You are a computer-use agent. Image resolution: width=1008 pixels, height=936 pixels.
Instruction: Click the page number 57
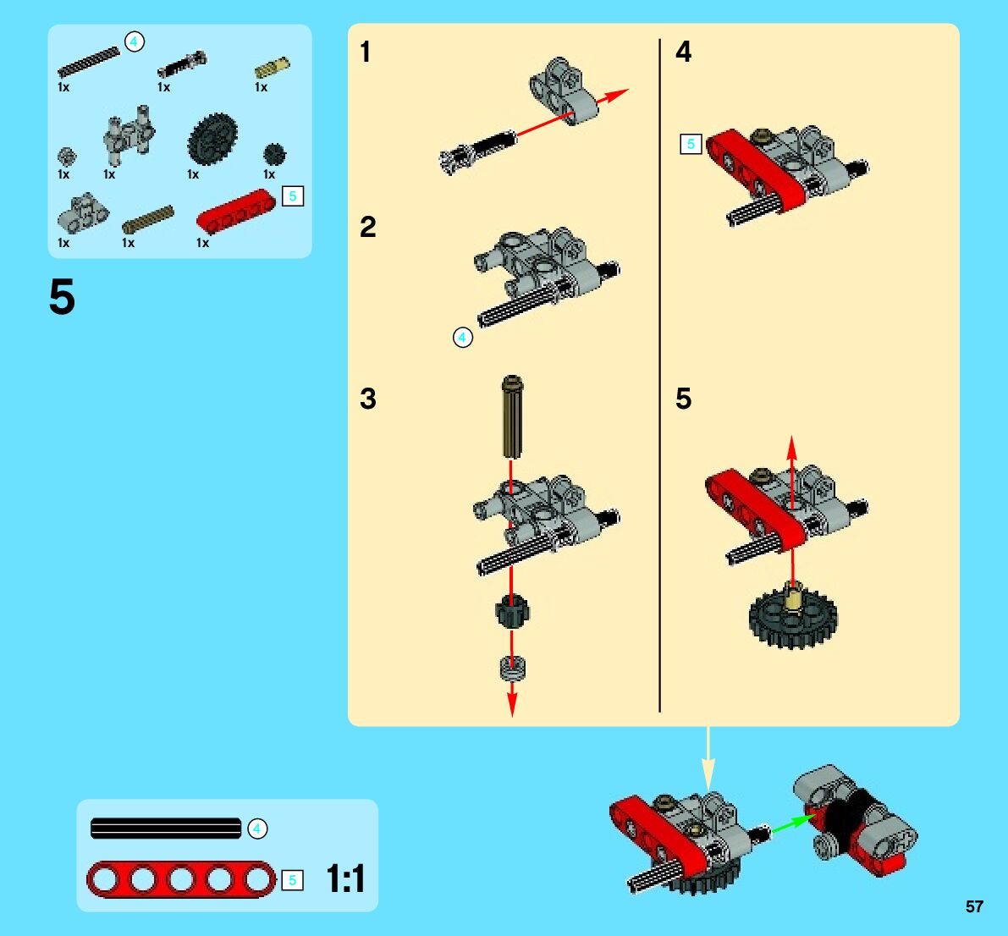click(974, 906)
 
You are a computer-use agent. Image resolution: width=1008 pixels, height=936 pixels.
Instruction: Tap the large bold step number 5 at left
click(62, 297)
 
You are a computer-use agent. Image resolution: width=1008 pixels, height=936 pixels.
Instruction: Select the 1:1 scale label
click(346, 878)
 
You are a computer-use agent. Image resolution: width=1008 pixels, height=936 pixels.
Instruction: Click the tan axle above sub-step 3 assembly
click(512, 416)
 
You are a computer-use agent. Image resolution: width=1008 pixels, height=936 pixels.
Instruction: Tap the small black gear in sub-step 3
click(512, 611)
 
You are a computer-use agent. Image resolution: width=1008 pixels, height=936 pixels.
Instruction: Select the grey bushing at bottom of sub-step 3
click(512, 668)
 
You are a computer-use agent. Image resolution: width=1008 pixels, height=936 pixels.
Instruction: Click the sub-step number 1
click(365, 52)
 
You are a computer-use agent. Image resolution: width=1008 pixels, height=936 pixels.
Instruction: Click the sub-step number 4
click(683, 52)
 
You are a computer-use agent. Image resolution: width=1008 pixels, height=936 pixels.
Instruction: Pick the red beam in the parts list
click(236, 210)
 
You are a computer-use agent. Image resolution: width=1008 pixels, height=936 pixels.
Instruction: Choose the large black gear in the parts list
click(212, 139)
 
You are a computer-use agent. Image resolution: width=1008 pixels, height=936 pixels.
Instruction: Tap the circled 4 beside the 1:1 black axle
click(257, 829)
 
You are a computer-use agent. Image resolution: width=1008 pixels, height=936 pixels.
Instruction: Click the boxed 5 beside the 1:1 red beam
click(293, 880)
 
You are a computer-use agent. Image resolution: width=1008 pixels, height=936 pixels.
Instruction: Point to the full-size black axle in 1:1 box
click(166, 829)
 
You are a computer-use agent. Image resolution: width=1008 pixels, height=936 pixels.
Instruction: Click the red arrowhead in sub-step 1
click(616, 95)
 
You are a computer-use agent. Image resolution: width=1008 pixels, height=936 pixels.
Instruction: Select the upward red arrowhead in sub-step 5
click(792, 447)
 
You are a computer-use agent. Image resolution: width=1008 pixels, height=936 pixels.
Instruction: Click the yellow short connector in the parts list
click(272, 68)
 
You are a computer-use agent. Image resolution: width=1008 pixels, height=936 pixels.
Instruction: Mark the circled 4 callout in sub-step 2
click(463, 337)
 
